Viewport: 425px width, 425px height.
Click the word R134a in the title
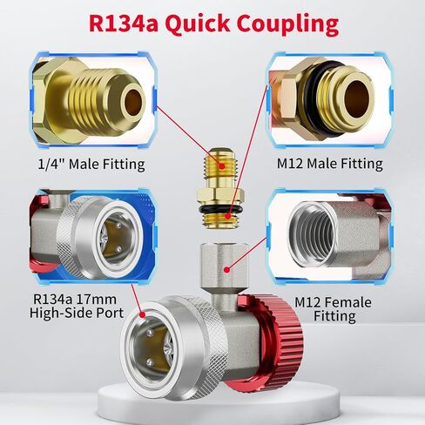click(x=124, y=24)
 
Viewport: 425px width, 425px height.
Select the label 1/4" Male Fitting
click(x=91, y=165)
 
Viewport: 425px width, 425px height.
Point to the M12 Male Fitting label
click(x=330, y=164)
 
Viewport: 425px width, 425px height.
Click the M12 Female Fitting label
click(x=334, y=309)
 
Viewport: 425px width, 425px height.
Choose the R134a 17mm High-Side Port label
click(x=77, y=306)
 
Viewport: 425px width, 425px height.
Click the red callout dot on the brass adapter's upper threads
click(x=222, y=166)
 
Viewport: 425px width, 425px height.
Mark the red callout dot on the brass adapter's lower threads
click(x=228, y=216)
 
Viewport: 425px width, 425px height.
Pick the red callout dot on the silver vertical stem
click(x=227, y=270)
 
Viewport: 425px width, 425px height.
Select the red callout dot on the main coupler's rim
click(x=142, y=315)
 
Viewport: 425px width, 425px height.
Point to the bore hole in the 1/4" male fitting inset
click(x=133, y=102)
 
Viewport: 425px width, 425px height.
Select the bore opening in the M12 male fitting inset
click(x=358, y=99)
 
